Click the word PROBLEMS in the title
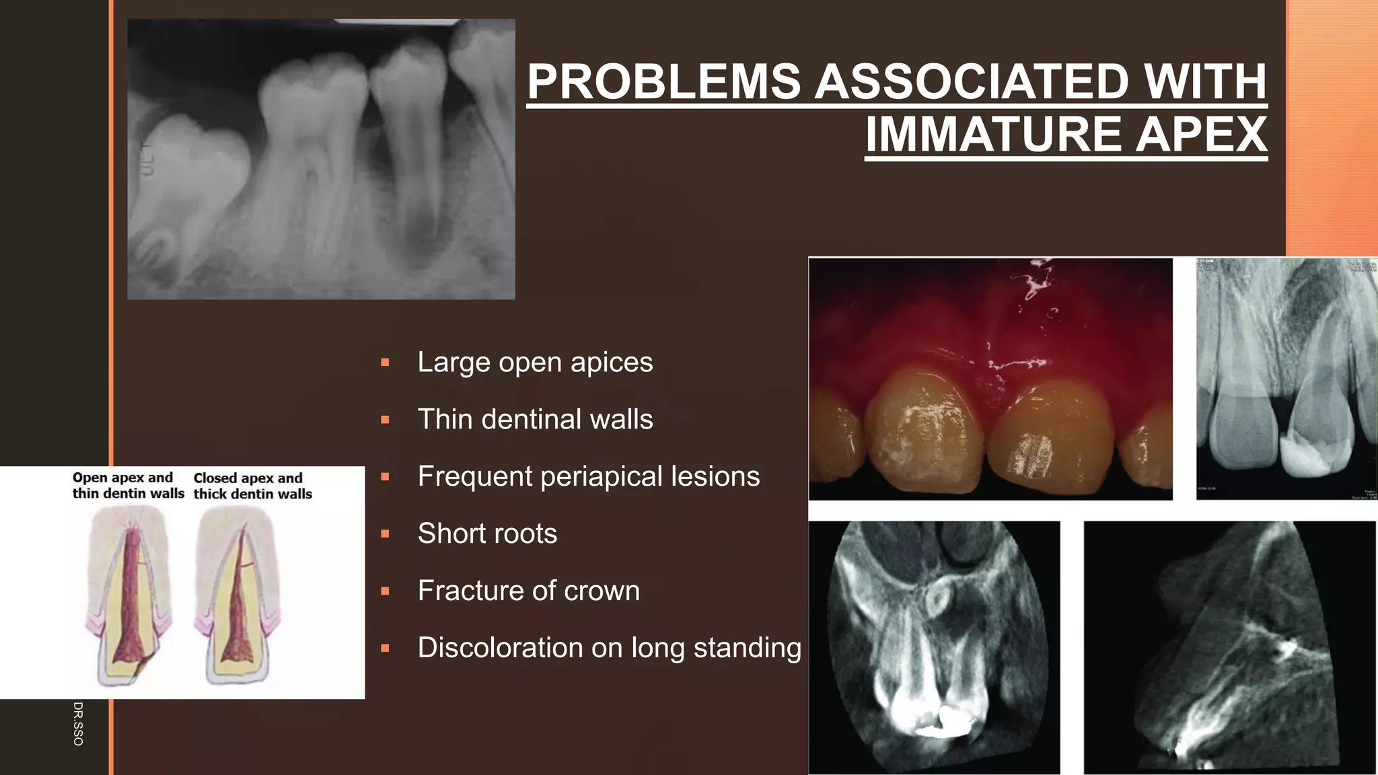[663, 82]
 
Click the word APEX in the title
[1201, 135]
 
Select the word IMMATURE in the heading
[993, 135]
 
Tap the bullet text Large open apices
[535, 362]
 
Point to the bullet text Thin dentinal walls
[535, 419]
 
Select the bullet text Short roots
[487, 533]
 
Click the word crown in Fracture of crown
[602, 591]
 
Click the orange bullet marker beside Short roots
[385, 534]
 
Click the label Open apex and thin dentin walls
[128, 485]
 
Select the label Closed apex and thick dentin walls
[252, 486]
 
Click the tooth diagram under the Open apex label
[128, 595]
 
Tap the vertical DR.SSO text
[78, 723]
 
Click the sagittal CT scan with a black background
[1229, 647]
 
